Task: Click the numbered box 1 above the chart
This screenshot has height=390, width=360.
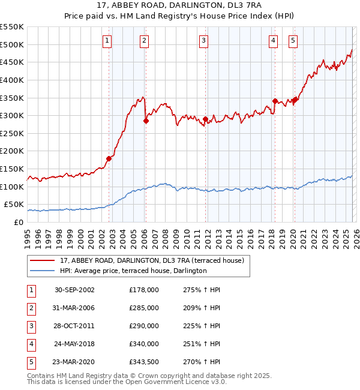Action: (x=107, y=41)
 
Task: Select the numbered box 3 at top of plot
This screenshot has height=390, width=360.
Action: (x=204, y=41)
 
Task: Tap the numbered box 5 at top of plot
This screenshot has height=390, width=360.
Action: (x=293, y=41)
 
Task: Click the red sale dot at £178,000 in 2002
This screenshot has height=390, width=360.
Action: (x=109, y=159)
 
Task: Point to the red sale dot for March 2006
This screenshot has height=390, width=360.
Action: (x=146, y=121)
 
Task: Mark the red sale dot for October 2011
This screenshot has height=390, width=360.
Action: (x=205, y=119)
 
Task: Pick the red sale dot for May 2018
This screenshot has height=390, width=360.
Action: (x=275, y=101)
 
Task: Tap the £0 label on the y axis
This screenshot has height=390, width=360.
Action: (x=18, y=222)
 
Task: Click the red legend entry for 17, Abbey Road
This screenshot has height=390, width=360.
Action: (x=152, y=261)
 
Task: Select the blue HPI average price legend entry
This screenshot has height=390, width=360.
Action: (x=133, y=271)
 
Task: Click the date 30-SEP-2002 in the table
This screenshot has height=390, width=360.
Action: (x=74, y=290)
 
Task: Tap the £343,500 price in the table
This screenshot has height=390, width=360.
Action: (x=144, y=362)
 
